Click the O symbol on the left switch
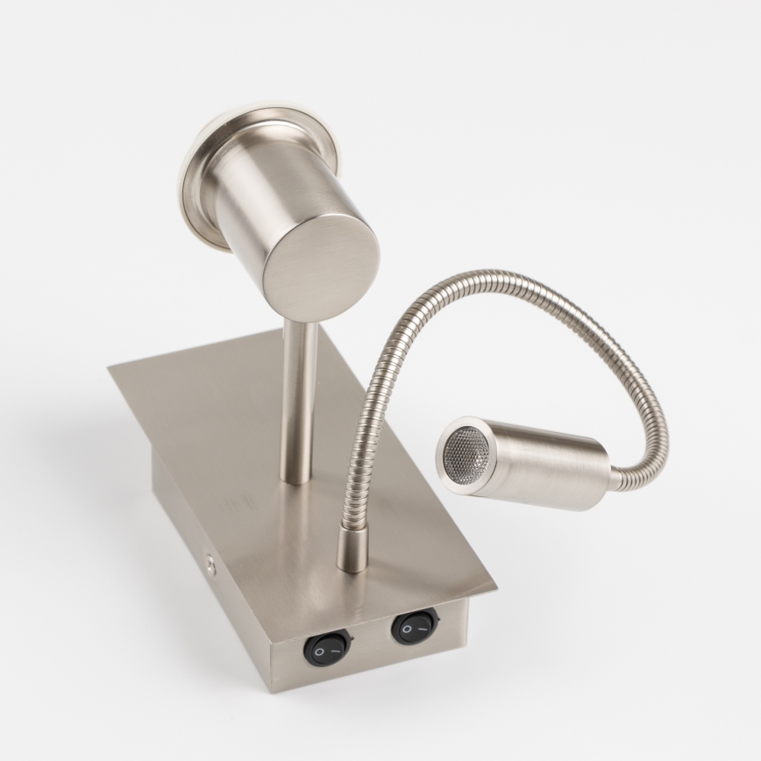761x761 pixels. click(x=321, y=652)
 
